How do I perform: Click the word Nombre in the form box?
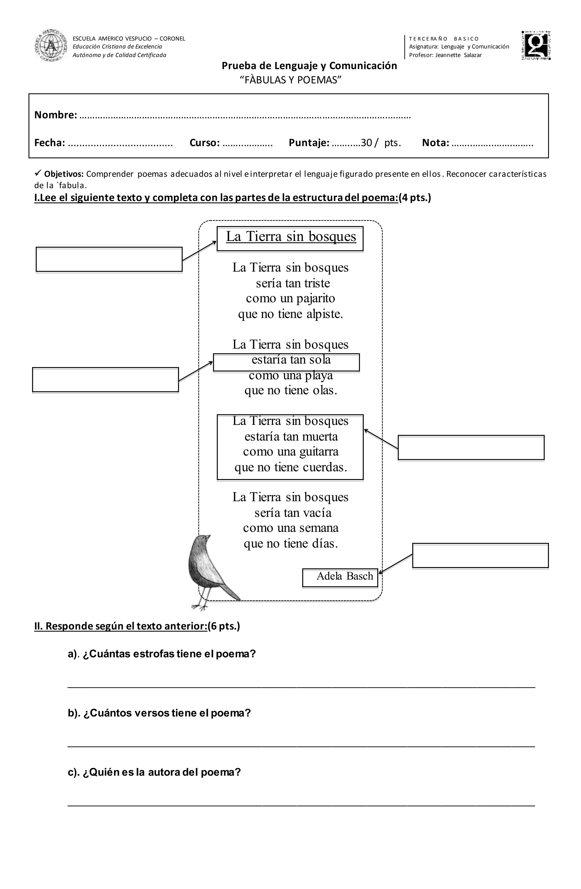coord(56,115)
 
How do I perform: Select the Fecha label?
coord(50,143)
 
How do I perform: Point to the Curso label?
coord(204,143)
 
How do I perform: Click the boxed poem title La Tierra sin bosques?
coord(291,237)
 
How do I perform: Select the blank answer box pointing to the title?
coord(109,259)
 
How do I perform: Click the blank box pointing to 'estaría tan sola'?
coord(105,379)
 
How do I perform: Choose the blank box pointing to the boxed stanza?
coord(471,447)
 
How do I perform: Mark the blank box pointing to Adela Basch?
coord(480,555)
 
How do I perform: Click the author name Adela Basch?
coord(344,576)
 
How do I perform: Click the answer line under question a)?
coord(301,687)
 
